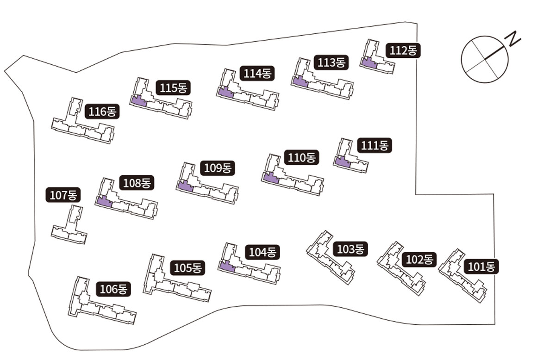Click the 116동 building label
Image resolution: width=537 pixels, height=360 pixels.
point(102,112)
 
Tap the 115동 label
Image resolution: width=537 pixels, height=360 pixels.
point(173,87)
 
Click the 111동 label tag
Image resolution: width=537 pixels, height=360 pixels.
point(375,146)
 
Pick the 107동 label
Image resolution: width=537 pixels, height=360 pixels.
point(63,195)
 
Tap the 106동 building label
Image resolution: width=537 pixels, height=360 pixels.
point(113,290)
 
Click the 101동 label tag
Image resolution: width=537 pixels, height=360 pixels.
point(481,267)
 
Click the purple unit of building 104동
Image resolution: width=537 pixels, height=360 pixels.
point(227,266)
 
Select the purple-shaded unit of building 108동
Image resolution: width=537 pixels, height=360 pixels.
point(104,202)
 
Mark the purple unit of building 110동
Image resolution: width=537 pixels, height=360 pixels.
point(270,178)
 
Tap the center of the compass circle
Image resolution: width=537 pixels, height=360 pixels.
point(485,58)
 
